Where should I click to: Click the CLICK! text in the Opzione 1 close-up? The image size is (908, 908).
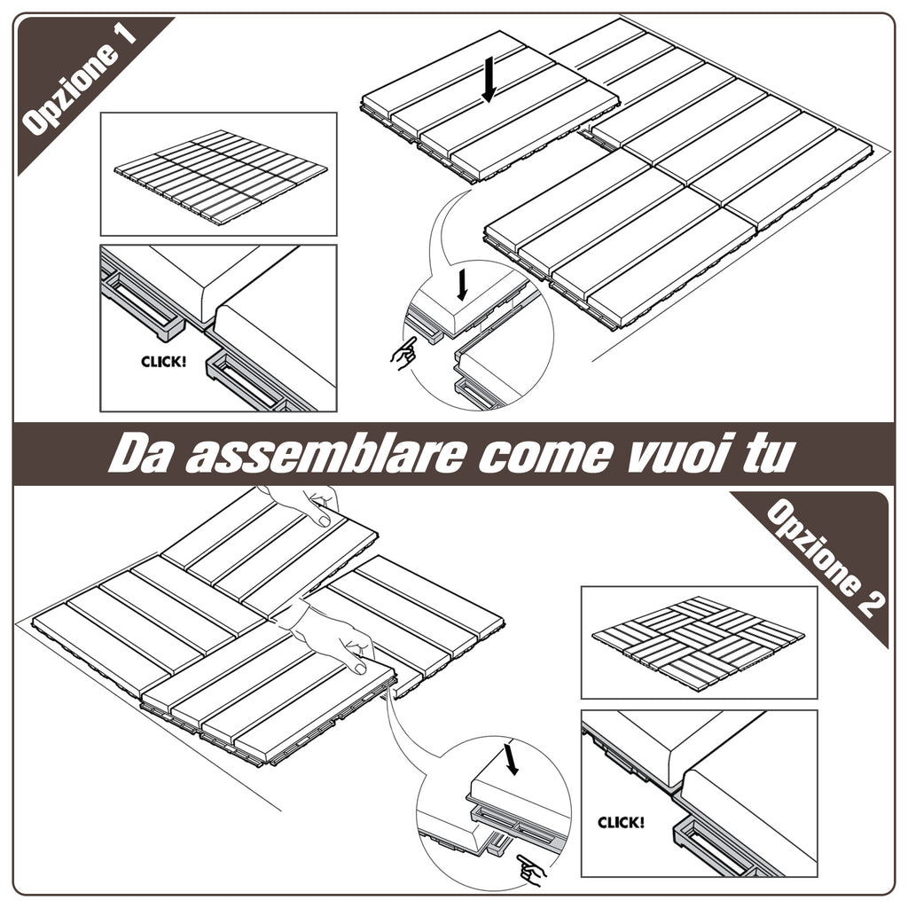[x=164, y=362]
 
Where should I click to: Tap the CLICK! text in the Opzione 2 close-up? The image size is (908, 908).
[x=621, y=822]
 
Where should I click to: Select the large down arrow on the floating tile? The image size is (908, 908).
[x=488, y=81]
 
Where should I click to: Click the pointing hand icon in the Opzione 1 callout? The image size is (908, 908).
[x=403, y=354]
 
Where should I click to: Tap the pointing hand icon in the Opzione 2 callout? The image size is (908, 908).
[x=531, y=872]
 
